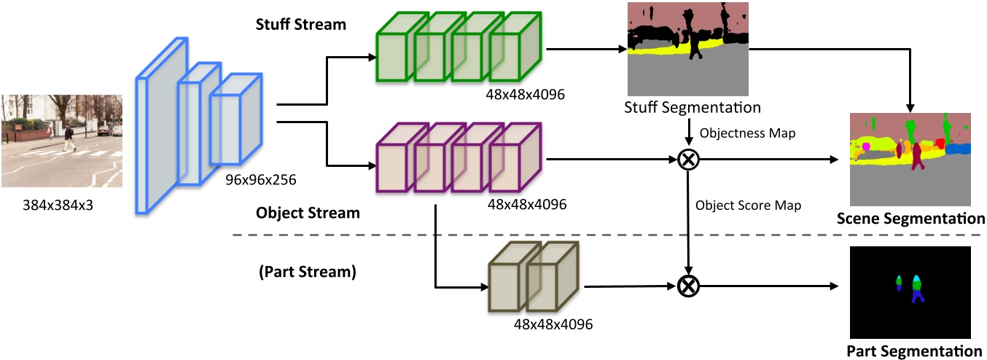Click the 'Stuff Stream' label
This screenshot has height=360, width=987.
point(301,23)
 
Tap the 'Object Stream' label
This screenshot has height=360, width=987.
point(308,214)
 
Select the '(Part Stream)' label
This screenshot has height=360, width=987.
point(306,273)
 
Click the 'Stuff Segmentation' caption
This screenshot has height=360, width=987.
point(693,108)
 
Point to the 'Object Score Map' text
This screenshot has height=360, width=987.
point(749,206)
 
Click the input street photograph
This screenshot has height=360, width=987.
point(61,141)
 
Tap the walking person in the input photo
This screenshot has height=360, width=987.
point(69,138)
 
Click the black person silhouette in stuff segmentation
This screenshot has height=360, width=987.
point(695,44)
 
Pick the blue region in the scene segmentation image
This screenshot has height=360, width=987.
point(958,149)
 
